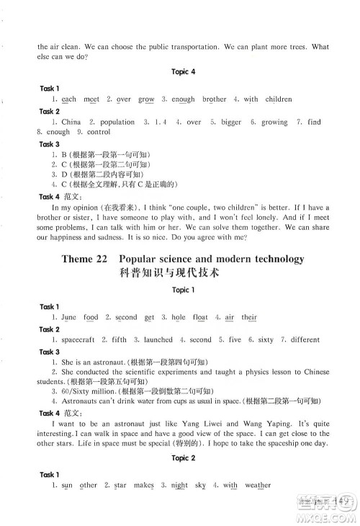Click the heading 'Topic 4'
point(184,71)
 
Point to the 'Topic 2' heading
point(184,458)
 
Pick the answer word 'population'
point(117,122)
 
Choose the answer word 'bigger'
point(231,122)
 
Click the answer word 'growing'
point(274,122)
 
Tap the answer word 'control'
point(98,133)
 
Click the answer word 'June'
point(69,317)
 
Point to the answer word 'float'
point(200,317)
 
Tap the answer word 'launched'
point(158,339)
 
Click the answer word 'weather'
point(258,486)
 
